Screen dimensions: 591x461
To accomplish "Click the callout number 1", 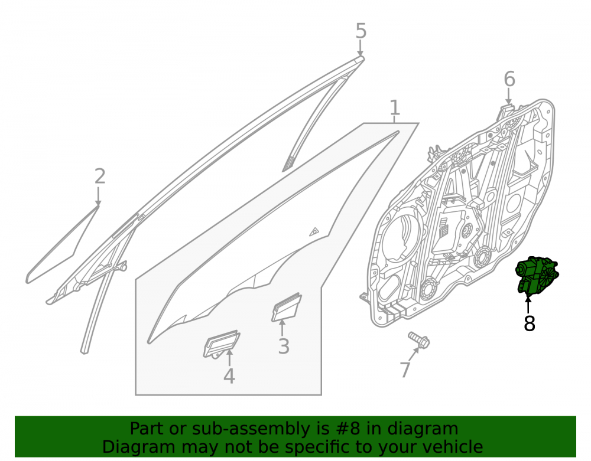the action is click(394, 107).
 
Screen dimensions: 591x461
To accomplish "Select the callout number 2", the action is click(99, 176).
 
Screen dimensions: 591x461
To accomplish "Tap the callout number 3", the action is click(284, 346).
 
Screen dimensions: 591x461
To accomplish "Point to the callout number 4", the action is click(229, 375).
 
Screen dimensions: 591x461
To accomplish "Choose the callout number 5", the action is click(361, 31).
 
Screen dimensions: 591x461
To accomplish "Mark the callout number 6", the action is click(509, 79).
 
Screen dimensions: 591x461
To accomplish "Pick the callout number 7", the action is click(405, 370).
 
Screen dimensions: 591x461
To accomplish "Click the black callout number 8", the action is click(529, 323).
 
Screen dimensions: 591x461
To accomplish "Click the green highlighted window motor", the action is click(537, 276).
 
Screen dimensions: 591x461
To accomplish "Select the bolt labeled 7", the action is click(419, 339).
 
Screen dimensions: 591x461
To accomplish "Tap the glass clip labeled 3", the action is click(287, 307).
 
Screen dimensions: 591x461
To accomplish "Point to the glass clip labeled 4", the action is click(221, 344).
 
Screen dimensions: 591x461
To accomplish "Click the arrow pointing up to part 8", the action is click(528, 305).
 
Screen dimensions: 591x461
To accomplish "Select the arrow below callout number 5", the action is click(361, 48).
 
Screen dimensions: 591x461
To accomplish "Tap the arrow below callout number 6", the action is click(509, 96).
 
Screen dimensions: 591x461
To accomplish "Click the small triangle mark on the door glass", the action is click(314, 231).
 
